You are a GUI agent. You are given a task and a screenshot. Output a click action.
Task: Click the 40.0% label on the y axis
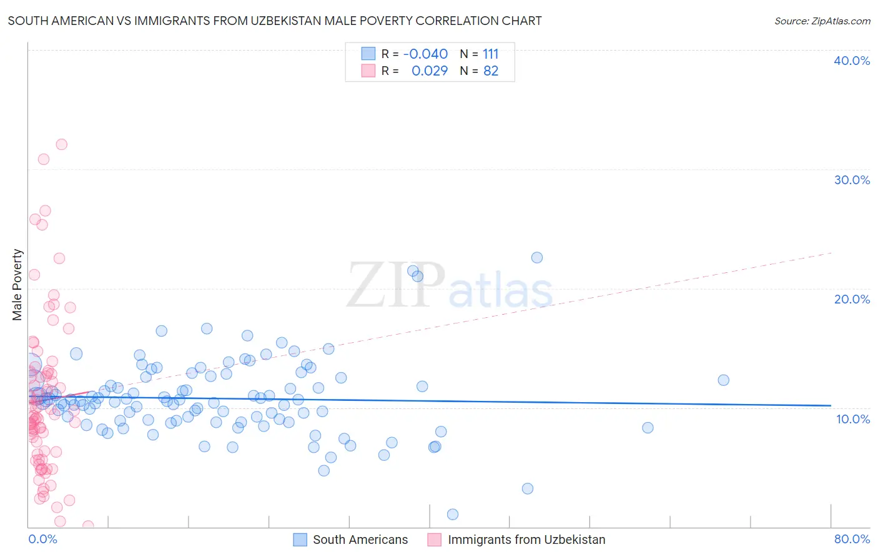tap(852, 61)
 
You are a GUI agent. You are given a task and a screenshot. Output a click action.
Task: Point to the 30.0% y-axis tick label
tap(852, 180)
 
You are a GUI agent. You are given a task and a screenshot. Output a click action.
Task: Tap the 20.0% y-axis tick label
tap(852, 299)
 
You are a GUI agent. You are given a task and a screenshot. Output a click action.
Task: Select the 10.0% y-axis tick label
tap(853, 419)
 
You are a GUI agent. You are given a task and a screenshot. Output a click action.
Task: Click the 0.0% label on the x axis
tap(42, 540)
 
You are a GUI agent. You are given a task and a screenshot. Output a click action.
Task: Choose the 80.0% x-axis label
tap(852, 540)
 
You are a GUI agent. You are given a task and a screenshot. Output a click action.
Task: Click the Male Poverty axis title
tap(17, 285)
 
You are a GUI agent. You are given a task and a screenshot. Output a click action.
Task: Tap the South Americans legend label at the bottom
tap(360, 540)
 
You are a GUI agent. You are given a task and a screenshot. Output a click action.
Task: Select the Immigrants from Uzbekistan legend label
tap(526, 540)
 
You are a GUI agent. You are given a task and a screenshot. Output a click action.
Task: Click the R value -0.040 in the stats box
tap(425, 54)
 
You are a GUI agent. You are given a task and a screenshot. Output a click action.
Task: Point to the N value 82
tap(491, 71)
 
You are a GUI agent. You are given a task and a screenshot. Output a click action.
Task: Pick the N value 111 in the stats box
tap(491, 54)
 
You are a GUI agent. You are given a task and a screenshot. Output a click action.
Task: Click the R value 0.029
tap(430, 71)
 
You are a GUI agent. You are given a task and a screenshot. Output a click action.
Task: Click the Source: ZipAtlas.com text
tap(822, 21)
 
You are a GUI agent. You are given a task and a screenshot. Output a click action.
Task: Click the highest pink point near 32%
tap(61, 144)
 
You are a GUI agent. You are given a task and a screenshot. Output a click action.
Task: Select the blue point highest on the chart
tap(536, 257)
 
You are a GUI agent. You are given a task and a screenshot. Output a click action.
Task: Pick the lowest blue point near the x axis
tap(453, 515)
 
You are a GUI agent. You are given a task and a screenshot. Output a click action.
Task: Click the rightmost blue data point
tap(723, 380)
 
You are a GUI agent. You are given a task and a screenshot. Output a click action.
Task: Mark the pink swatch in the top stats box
tap(368, 71)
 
